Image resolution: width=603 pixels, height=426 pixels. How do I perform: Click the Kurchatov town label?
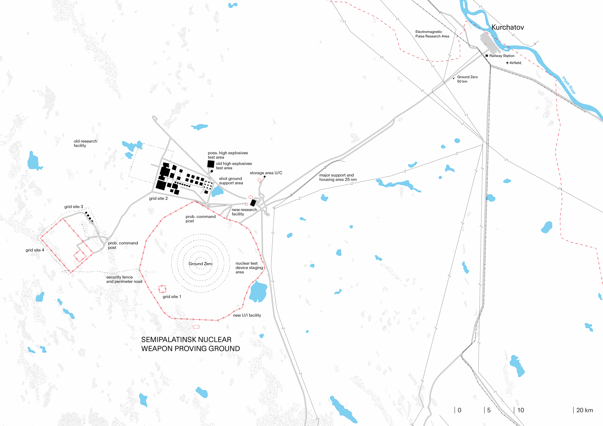pos(507,27)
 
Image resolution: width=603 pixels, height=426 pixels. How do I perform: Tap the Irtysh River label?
pos(569,85)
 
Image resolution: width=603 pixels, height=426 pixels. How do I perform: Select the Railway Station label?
pos(502,56)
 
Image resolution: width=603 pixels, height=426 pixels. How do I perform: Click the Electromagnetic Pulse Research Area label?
pos(432,34)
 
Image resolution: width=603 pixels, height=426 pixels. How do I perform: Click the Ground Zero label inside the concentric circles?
pos(200,264)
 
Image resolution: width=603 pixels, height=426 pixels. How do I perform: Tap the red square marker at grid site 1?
pos(162,289)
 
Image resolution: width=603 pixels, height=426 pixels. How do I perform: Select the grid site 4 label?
pos(35,250)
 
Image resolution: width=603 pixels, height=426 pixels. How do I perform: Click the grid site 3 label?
pos(73,207)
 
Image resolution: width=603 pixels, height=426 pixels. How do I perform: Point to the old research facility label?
pos(85,143)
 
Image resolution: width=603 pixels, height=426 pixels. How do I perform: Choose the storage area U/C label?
pos(266,173)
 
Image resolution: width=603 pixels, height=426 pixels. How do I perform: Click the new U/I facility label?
pos(247,315)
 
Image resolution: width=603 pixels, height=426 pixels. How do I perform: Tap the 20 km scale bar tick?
pos(573,410)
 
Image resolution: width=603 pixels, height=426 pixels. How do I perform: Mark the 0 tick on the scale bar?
pos(455,410)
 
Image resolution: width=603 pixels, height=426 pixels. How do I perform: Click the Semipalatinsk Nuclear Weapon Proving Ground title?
pos(190,344)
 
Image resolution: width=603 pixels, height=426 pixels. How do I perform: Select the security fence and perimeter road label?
pos(124,279)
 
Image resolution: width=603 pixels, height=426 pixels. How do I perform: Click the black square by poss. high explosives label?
pos(211,164)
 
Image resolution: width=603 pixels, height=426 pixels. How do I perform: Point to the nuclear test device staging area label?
pos(249,268)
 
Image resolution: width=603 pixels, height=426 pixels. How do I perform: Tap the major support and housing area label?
pos(338,177)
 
